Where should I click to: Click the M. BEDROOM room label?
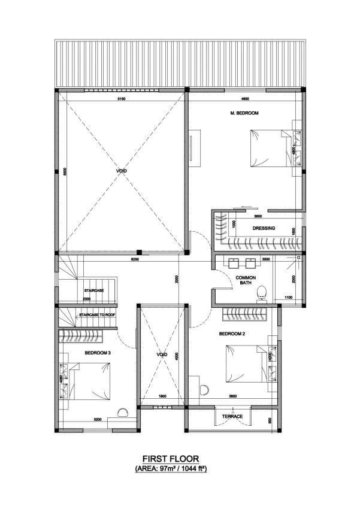(244, 113)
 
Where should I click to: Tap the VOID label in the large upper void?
(122, 171)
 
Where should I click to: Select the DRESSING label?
(264, 228)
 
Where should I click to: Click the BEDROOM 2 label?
(231, 333)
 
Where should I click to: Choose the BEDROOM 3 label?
(97, 353)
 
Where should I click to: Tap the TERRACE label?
(232, 416)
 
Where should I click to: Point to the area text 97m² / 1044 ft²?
(180, 470)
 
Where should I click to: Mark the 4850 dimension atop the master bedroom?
(245, 98)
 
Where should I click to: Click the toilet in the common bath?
(261, 293)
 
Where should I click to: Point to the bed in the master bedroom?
(269, 149)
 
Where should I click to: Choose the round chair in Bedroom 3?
(124, 412)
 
